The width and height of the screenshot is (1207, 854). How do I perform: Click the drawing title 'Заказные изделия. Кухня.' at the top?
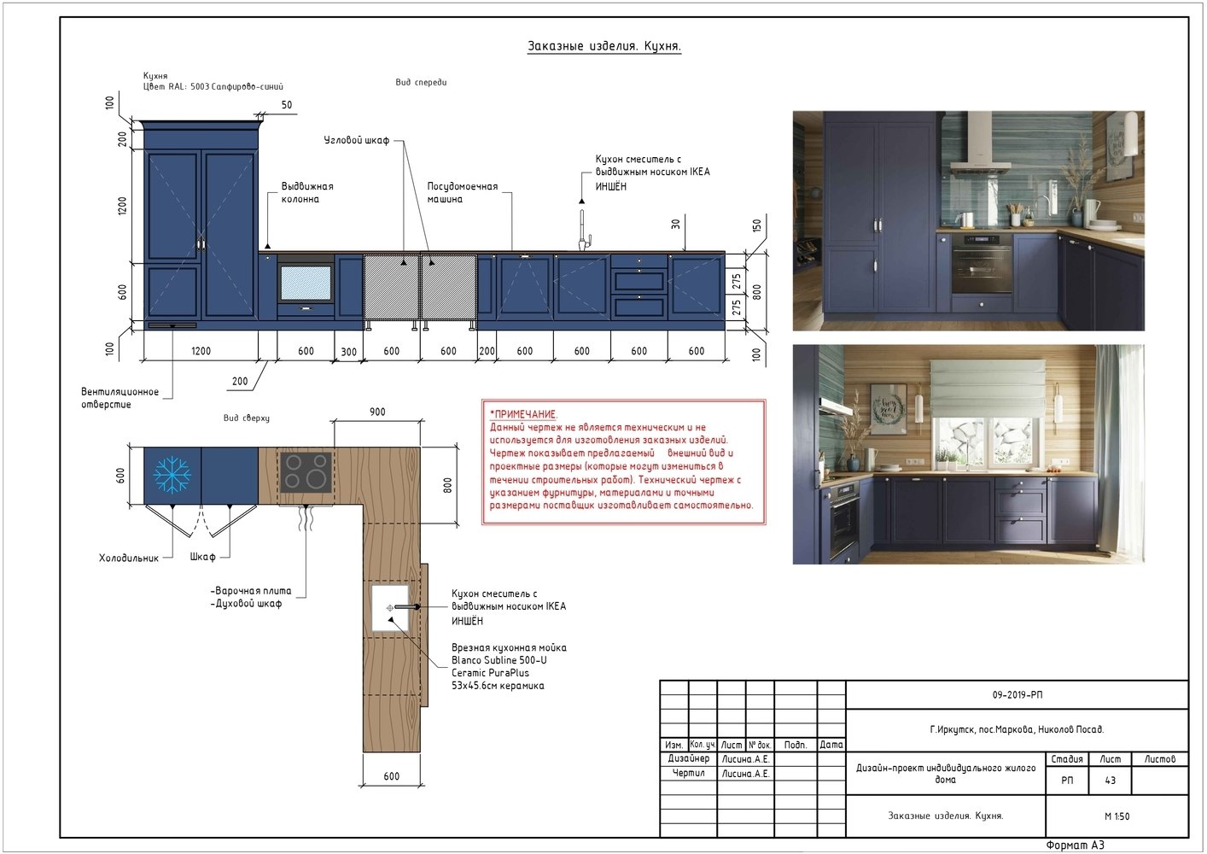pos(604,46)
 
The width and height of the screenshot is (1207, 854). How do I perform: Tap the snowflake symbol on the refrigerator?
pos(172,475)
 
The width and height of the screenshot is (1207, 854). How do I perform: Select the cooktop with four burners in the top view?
pos(306,471)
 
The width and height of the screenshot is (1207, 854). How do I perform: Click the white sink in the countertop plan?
pos(390,607)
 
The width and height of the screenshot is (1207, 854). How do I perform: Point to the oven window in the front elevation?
pos(306,283)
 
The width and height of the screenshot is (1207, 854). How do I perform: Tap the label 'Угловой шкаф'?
pos(356,140)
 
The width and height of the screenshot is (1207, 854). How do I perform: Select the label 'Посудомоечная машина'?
pos(463,192)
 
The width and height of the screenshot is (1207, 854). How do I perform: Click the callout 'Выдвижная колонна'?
pos(307,192)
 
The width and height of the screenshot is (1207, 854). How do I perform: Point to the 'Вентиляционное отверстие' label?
pos(120,398)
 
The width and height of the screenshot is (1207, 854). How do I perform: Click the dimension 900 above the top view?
pos(377,412)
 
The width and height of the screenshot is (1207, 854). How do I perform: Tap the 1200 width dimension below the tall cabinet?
pos(201,351)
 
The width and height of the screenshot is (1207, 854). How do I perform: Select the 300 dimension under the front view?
pos(348,352)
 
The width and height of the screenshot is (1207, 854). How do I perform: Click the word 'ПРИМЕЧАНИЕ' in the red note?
pos(524,414)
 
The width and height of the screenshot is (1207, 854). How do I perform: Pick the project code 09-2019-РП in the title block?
pos(1017,695)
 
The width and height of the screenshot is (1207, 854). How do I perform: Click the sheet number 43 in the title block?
pos(1110,781)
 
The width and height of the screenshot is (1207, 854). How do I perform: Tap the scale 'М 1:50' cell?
pos(1117,816)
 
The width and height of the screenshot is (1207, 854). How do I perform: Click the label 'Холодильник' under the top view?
pos(129,558)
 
